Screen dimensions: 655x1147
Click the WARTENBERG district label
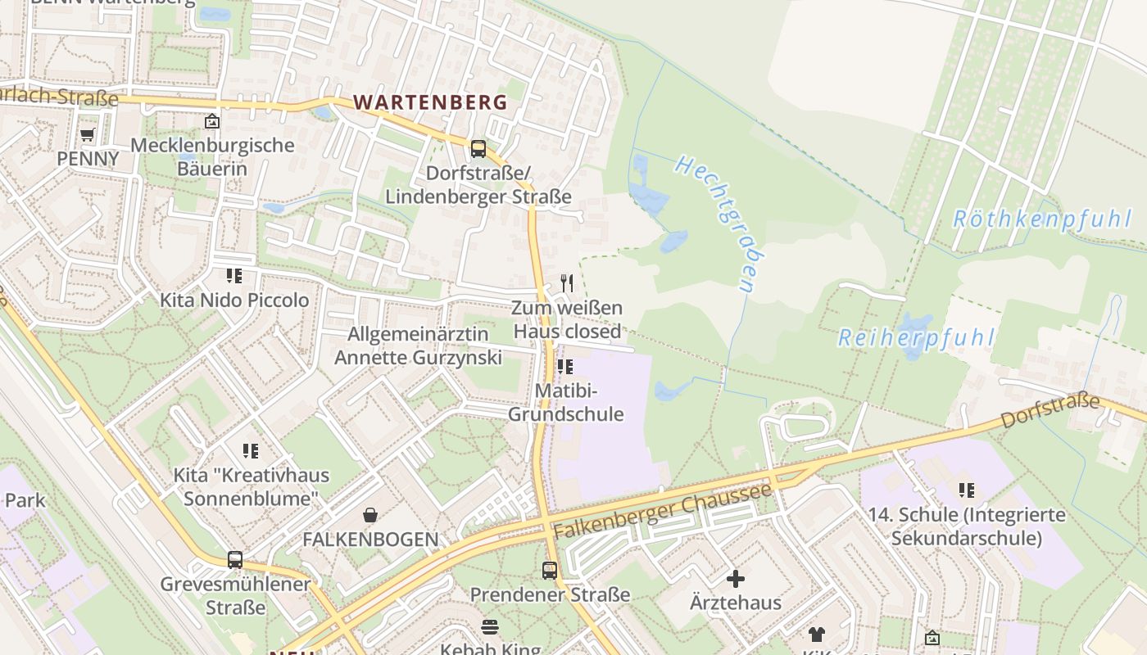[430, 102]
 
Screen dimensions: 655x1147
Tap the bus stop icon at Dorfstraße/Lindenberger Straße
[478, 149]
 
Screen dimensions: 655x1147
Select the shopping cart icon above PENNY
[88, 133]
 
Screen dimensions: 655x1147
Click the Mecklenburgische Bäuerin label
[212, 157]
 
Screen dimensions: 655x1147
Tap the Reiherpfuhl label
[916, 337]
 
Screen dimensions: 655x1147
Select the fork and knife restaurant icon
[566, 283]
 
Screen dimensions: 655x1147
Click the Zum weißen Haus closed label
[567, 320]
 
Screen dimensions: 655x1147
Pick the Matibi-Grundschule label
[566, 402]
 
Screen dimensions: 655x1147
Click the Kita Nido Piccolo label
[234, 300]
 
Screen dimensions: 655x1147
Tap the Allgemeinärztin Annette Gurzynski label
[418, 346]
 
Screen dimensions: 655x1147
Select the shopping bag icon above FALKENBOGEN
[370, 514]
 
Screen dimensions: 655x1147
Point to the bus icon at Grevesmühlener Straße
[235, 560]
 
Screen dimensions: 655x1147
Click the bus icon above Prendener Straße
[550, 570]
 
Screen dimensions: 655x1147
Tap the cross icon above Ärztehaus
[736, 579]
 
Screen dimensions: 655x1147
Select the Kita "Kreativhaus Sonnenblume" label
[251, 486]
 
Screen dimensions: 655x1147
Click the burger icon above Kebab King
[490, 627]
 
